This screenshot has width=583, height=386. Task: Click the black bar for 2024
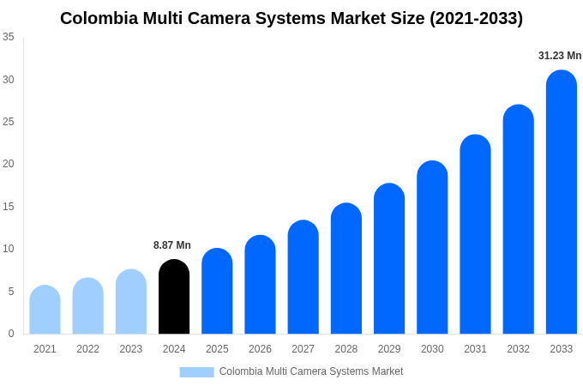(x=174, y=297)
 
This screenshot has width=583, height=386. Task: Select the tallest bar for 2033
(x=561, y=202)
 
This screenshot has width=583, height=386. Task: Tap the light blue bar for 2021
(x=45, y=310)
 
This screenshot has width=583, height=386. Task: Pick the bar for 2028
(x=346, y=268)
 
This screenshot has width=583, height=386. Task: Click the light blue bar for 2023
(x=131, y=302)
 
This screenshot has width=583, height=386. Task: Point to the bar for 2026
(x=260, y=285)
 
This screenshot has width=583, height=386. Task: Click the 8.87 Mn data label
(x=172, y=245)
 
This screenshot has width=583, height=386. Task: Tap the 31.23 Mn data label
(x=560, y=56)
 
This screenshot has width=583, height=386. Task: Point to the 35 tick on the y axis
(x=9, y=37)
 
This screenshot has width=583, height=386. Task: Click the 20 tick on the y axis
(x=9, y=164)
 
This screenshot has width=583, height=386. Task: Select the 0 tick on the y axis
(x=11, y=334)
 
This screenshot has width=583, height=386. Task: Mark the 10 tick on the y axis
(x=9, y=249)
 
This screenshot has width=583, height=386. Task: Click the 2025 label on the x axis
(x=217, y=349)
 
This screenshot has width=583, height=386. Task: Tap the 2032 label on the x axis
(x=518, y=349)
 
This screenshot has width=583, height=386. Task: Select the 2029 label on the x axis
(x=388, y=349)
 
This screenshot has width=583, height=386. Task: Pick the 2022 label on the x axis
(x=87, y=349)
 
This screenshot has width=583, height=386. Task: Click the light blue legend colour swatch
(x=196, y=371)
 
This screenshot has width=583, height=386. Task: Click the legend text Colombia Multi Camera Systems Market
(x=310, y=371)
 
